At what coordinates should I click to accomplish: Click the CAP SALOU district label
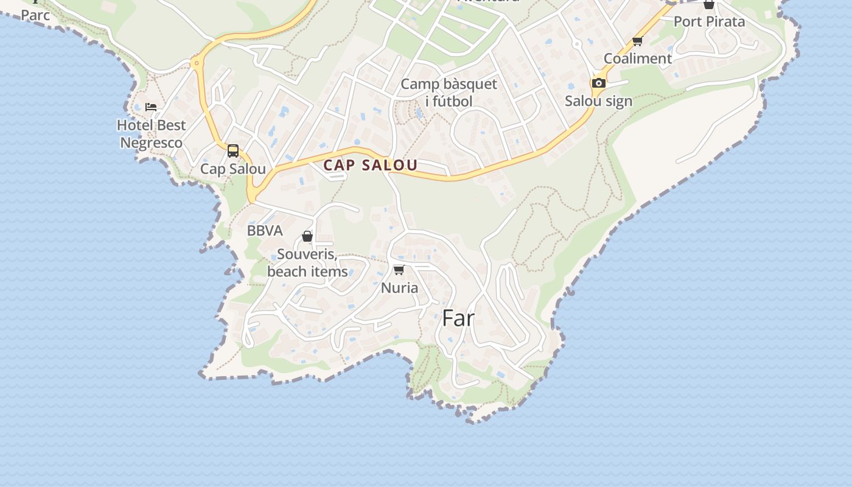[x=370, y=165]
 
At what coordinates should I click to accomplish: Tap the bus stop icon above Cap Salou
[x=233, y=150]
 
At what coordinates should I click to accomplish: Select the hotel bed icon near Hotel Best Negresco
[x=151, y=107]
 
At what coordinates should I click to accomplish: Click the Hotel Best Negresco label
[x=151, y=134]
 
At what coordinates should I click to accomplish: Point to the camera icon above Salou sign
[x=598, y=83]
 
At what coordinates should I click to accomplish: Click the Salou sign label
[x=598, y=101]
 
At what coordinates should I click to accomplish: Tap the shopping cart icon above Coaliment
[x=637, y=41]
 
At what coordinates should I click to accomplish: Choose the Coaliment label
[x=637, y=58]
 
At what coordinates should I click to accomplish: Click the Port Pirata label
[x=709, y=21]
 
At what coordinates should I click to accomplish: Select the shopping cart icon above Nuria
[x=399, y=270]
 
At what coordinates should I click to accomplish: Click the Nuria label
[x=399, y=287]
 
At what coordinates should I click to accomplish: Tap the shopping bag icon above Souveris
[x=307, y=236]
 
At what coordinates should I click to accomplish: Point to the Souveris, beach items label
[x=307, y=262]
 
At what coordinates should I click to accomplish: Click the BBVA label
[x=265, y=231]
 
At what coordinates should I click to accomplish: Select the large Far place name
[x=458, y=318]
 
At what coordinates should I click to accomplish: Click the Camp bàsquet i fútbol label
[x=449, y=93]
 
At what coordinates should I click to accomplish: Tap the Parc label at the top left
[x=35, y=15]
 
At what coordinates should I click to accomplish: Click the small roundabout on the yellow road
[x=196, y=63]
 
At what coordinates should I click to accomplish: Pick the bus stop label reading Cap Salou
[x=233, y=169]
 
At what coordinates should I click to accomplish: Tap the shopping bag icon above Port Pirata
[x=709, y=5]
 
